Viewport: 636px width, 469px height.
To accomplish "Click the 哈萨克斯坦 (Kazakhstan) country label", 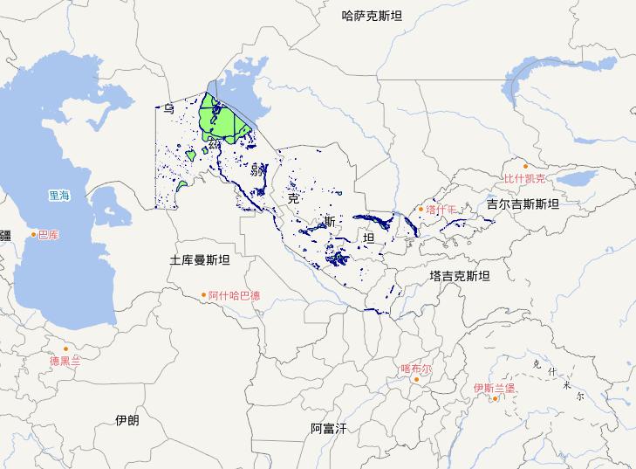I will [x=373, y=15].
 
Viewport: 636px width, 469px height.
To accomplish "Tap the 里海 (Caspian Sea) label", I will [x=61, y=197].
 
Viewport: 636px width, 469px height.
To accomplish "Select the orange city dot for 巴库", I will [x=34, y=234].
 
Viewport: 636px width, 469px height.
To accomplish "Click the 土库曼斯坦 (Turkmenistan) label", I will [x=200, y=260].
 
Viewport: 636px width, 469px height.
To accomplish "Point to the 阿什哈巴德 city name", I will [x=234, y=296].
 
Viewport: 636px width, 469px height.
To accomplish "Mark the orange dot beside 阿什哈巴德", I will [x=204, y=295].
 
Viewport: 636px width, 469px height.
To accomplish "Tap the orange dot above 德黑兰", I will [x=65, y=348].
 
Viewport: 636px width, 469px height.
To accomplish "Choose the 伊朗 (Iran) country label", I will [x=127, y=420].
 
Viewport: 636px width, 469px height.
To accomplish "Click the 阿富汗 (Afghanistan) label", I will [x=329, y=428].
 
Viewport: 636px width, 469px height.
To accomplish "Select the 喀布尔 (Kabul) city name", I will [x=416, y=369].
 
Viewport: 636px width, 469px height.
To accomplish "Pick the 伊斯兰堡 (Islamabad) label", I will [x=495, y=388].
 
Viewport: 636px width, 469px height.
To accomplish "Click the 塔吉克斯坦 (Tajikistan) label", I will [x=460, y=276].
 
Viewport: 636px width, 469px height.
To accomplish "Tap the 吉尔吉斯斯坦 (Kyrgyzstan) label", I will [x=523, y=203].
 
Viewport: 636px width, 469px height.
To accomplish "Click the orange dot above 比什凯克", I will [x=525, y=166].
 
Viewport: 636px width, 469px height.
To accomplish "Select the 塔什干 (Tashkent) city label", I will [x=441, y=210].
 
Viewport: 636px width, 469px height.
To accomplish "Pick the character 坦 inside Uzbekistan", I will [x=368, y=238].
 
